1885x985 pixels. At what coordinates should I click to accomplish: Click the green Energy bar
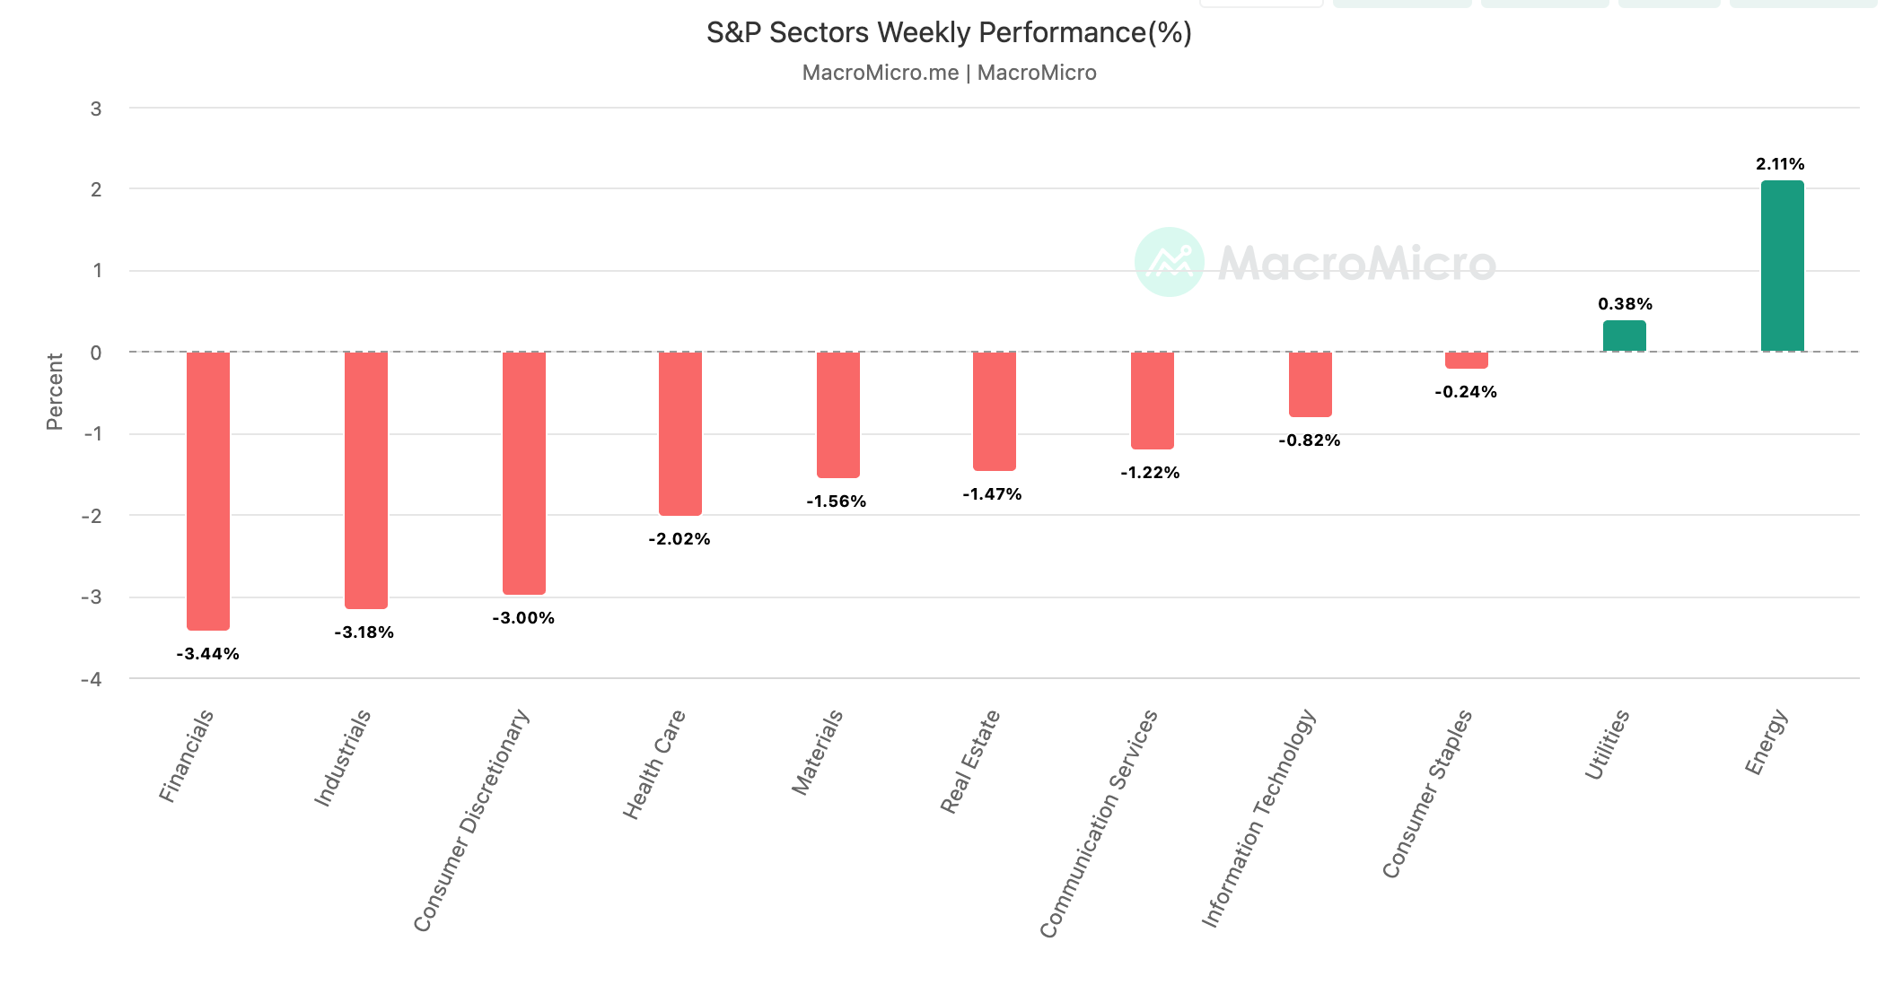1782,266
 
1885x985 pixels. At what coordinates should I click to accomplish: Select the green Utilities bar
1624,336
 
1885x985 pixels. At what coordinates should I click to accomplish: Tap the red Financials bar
208,491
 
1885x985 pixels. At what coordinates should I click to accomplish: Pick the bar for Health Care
679,433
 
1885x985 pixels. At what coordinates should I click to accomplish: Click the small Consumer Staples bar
1466,360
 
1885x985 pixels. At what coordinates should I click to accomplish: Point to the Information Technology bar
1310,384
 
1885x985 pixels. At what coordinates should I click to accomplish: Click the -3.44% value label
207,654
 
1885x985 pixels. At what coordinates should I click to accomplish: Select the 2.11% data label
1780,164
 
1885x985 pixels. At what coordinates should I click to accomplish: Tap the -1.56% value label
836,501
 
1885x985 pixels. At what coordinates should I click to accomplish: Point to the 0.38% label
1625,304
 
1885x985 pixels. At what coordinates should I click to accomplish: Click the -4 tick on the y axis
92,679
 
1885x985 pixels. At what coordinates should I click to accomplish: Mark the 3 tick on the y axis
96,109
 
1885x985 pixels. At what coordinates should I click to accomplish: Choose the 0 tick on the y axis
96,353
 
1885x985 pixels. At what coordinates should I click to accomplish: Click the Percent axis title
55,392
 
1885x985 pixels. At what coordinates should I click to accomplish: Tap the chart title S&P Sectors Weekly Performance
949,33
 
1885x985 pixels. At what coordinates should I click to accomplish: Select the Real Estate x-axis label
969,762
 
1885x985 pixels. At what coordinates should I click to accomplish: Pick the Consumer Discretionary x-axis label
471,821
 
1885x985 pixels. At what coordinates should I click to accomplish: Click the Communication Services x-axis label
1099,824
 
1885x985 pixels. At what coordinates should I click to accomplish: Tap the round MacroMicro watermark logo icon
1169,262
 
